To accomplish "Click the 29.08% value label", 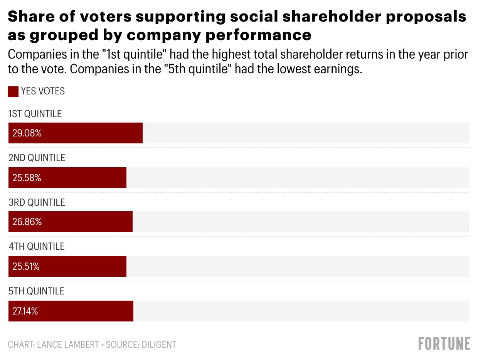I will tap(27, 133).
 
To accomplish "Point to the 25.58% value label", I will tap(27, 178).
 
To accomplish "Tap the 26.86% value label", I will tap(27, 222).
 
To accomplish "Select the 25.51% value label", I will tap(26, 267).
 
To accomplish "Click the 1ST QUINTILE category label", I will tap(35, 114).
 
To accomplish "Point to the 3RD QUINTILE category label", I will tap(37, 202).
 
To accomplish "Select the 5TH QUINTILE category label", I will tap(36, 291).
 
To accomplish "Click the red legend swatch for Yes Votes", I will tap(13, 92).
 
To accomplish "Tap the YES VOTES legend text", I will tap(43, 91).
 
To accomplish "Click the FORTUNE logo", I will tap(444, 343).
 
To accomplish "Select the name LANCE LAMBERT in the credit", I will tap(68, 344).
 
